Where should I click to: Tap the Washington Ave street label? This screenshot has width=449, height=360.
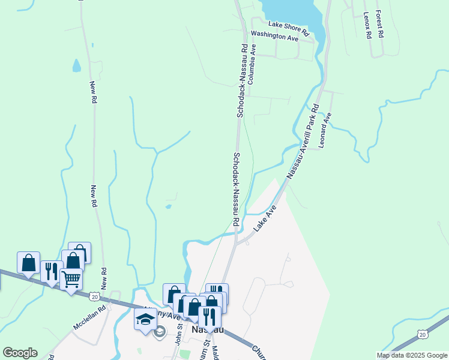click(274, 36)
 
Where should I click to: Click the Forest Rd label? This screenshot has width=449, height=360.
click(379, 23)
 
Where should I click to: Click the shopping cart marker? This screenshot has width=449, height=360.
click(71, 278)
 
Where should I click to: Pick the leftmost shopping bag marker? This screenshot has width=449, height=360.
click(28, 262)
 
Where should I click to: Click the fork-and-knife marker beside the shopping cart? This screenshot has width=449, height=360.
click(52, 271)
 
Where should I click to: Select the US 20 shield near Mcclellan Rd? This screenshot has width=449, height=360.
click(95, 296)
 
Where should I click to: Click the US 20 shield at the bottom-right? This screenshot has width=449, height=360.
click(423, 334)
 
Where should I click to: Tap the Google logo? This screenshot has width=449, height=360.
click(20, 353)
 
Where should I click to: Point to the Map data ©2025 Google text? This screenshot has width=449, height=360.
click(411, 355)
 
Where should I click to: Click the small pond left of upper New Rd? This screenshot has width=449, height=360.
click(77, 65)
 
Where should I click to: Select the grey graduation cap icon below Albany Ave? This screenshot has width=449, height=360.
click(159, 332)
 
